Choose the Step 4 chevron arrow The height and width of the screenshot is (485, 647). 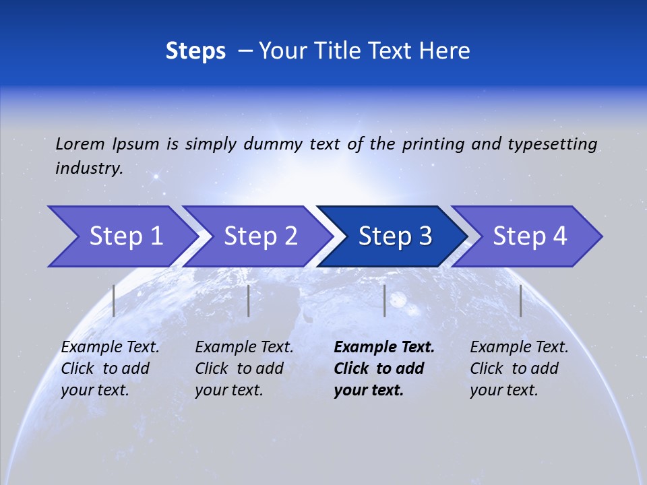pos(529,236)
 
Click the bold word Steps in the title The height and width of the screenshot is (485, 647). pos(195,51)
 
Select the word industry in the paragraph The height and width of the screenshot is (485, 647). pos(89,168)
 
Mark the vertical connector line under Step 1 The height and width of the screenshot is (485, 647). pos(114,300)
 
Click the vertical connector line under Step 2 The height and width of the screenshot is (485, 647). pos(249,300)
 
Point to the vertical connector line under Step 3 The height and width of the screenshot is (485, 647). pos(384,300)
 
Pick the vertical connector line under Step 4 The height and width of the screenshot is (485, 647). pos(520,300)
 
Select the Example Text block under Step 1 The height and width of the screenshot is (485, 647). pos(110,368)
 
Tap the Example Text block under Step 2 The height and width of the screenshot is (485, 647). pos(244,368)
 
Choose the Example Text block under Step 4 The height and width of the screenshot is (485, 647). pos(519,368)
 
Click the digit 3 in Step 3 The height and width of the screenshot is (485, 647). pos(425,236)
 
